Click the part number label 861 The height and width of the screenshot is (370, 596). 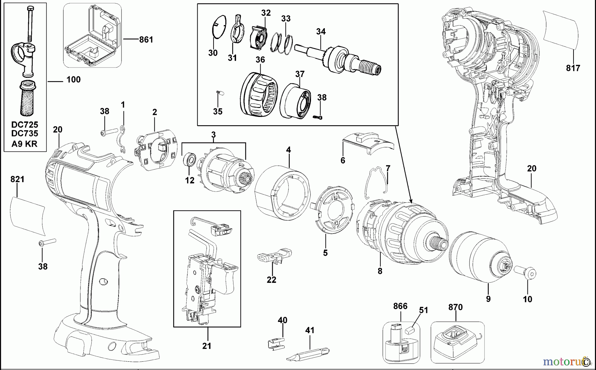point(146,40)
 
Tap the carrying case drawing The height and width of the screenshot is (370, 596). point(92,36)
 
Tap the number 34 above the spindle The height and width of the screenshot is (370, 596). point(321,32)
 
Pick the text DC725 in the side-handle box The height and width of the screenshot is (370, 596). point(25,125)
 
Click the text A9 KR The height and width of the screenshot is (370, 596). point(25,144)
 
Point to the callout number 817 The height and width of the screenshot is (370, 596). point(573,68)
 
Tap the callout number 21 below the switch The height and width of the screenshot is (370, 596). point(207,346)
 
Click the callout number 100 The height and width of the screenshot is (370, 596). point(74,80)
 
